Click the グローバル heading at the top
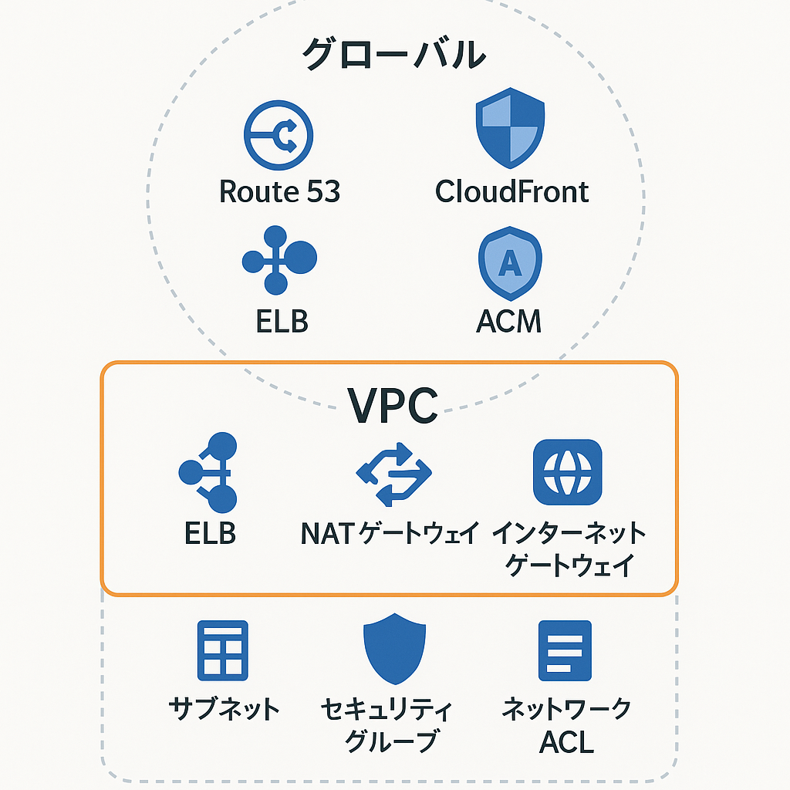point(394,55)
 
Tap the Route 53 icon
point(279,137)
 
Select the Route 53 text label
point(279,191)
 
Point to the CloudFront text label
point(511,191)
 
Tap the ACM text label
point(509,321)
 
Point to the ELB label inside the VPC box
point(210,533)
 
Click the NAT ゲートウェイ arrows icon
point(393,473)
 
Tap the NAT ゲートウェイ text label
point(390,533)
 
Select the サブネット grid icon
point(223,650)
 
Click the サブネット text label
point(224,708)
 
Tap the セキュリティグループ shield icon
point(394,648)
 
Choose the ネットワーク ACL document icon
point(565,650)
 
